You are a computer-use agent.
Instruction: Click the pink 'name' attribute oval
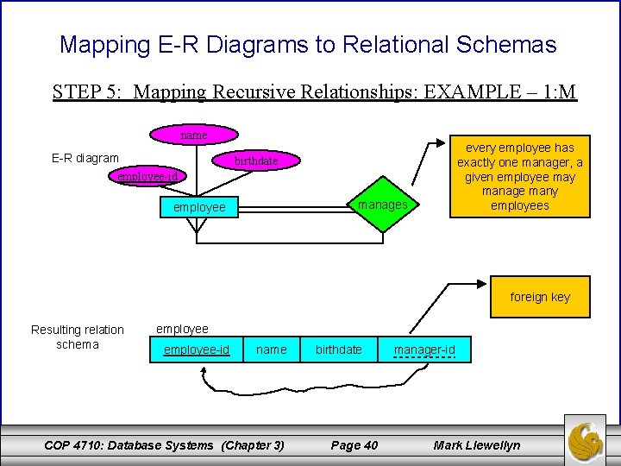[x=193, y=135]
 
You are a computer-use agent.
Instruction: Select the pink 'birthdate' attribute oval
[x=256, y=161]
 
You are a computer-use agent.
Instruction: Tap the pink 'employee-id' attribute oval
[x=147, y=176]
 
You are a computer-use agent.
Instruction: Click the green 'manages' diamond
[x=382, y=205]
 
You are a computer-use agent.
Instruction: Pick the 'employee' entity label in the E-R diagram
[x=199, y=207]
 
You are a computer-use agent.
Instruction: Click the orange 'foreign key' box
[x=539, y=297]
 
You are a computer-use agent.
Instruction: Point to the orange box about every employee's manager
[x=519, y=176]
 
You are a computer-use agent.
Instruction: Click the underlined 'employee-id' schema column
[x=197, y=349]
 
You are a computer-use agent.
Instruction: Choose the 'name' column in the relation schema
[x=272, y=349]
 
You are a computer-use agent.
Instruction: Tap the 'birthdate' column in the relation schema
[x=339, y=349]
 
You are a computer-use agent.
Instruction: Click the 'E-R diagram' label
[x=85, y=158]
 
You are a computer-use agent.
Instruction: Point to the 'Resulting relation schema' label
[x=78, y=337]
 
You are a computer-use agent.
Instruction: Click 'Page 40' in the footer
[x=354, y=445]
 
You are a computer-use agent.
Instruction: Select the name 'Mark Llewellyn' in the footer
[x=477, y=445]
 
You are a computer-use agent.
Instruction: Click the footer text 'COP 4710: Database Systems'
[x=129, y=445]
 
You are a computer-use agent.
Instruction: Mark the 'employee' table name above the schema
[x=182, y=329]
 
